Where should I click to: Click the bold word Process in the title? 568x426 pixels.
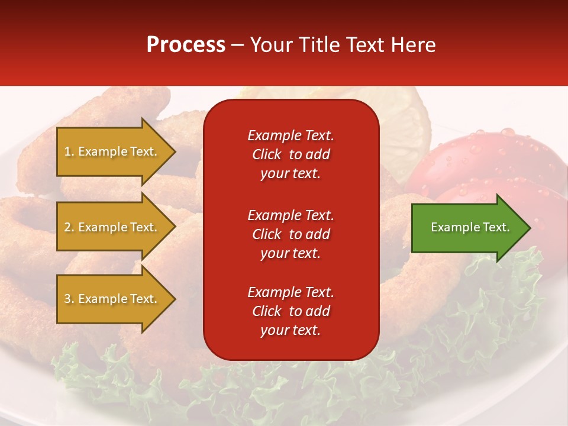(186, 45)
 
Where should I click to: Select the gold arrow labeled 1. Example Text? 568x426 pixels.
(112, 151)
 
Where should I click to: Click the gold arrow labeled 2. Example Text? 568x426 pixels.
(112, 227)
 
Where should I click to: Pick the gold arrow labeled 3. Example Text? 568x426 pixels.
(112, 299)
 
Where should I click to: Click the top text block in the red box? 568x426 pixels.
(291, 154)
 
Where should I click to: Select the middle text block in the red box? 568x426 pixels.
(291, 234)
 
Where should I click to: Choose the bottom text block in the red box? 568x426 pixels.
(291, 311)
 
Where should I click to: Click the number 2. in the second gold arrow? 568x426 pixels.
(69, 227)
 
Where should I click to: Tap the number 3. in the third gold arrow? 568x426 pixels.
(69, 299)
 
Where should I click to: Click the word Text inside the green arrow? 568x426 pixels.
(496, 227)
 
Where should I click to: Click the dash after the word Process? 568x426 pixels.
(238, 46)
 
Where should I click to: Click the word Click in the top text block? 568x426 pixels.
(267, 154)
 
